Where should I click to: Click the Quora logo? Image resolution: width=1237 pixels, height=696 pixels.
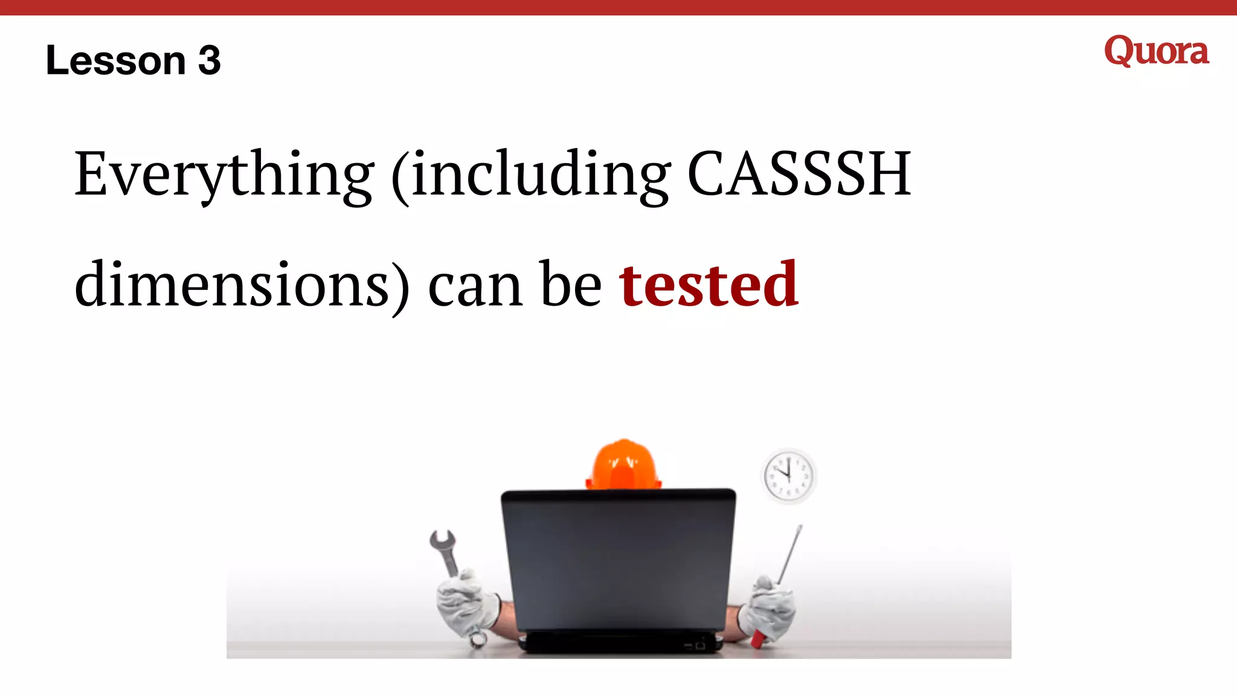pos(1156,51)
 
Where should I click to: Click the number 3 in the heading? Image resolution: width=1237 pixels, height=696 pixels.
pos(209,60)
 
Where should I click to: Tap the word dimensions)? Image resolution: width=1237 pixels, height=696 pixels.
pos(242,284)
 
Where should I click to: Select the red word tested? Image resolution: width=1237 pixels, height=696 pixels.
pos(708,284)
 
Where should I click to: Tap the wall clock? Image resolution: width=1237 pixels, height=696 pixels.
pos(788,475)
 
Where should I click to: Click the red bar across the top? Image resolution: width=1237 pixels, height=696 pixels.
pos(618,7)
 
